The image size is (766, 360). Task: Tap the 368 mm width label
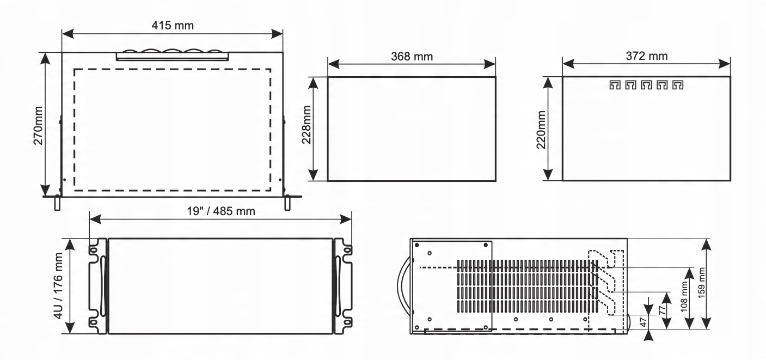tap(412, 56)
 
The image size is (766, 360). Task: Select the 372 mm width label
tap(646, 56)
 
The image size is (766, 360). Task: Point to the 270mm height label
tap(38, 124)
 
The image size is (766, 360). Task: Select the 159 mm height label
tap(720, 283)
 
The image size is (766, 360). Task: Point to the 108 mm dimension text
tap(683, 298)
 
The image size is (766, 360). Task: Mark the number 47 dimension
tap(644, 322)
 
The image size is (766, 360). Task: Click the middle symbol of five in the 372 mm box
tap(646, 86)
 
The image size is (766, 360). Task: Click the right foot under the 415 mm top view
tap(287, 202)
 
